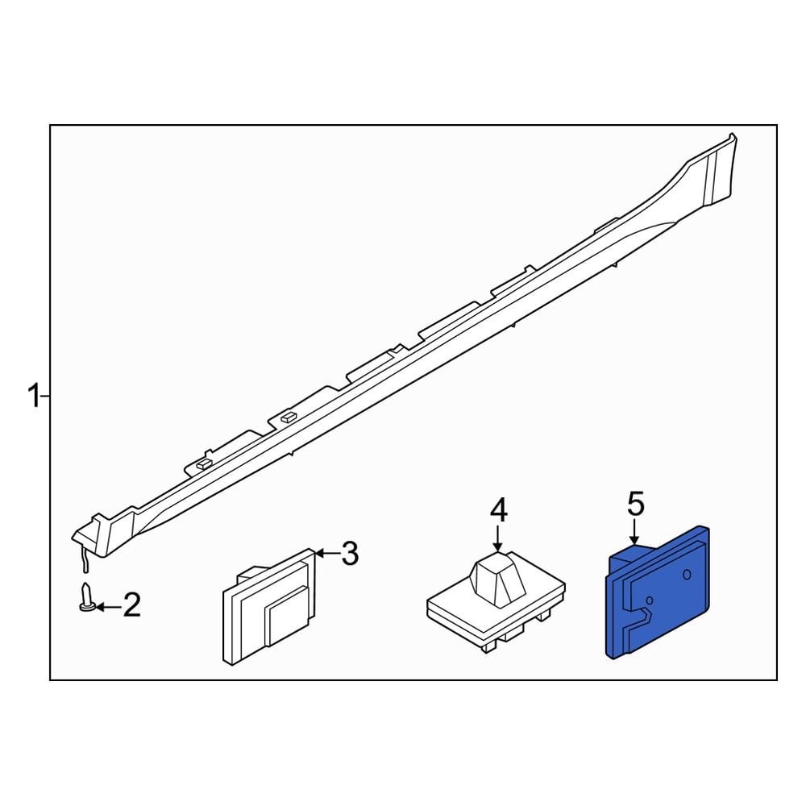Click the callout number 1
32,397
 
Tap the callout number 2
131,604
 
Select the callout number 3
348,554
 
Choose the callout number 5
635,505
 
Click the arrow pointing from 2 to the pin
107,605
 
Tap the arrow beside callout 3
325,554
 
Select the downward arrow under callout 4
499,538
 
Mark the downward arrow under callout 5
635,532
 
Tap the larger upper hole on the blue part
686,574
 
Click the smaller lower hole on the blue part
650,600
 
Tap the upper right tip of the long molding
732,136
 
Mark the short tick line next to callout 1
45,397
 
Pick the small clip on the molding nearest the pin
201,464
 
